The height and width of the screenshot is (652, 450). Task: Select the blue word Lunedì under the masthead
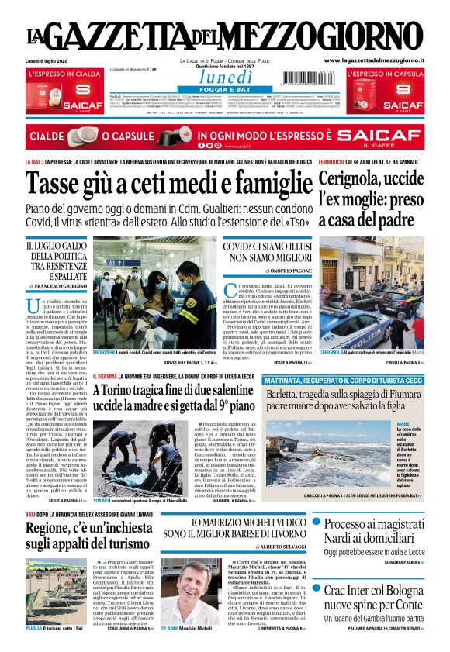(x=225, y=76)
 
